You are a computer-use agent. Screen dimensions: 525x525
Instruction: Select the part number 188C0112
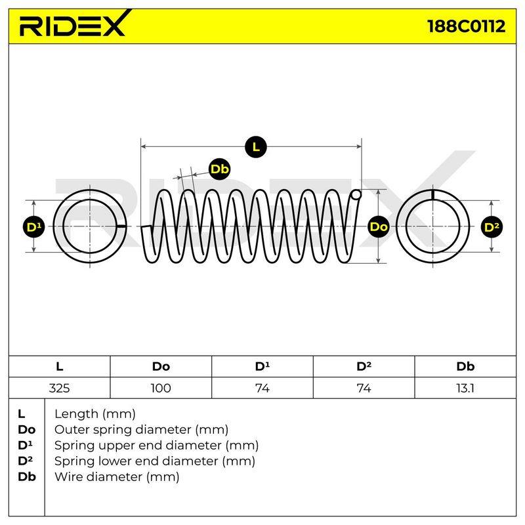466,26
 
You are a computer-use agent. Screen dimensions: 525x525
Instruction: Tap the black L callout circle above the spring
256,146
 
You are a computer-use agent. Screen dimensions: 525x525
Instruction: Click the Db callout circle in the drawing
219,169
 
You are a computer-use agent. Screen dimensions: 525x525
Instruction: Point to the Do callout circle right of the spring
379,226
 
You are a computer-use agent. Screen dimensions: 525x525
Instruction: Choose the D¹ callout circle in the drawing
34,226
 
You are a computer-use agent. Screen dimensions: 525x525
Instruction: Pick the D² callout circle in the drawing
492,226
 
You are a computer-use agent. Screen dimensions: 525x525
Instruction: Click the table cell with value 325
59,388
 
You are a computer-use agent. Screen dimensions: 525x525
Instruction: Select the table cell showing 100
161,388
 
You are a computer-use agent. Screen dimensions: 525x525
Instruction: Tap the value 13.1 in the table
465,388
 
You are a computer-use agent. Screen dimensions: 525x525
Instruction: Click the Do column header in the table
161,366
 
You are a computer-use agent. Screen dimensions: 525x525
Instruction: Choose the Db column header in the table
465,366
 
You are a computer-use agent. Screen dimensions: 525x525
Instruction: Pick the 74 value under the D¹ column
262,388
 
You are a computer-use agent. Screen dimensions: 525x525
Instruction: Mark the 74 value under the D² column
364,388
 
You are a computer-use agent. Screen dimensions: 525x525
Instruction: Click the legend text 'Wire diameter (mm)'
117,476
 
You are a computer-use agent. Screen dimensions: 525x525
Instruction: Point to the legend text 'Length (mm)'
95,414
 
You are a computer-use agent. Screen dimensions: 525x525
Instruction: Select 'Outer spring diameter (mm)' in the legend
141,429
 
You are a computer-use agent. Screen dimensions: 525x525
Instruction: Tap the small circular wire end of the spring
356,194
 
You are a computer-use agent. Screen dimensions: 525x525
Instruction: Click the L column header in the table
59,366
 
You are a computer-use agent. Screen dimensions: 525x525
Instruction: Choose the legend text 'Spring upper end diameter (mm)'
156,446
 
